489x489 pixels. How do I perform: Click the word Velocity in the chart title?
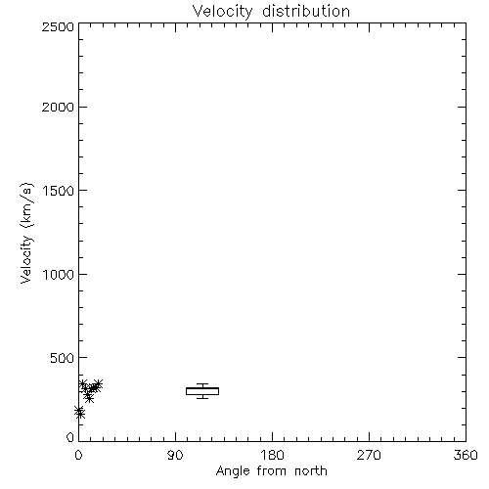(222, 12)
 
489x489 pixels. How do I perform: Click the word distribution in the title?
(306, 11)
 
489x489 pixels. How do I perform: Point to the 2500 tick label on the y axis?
(58, 26)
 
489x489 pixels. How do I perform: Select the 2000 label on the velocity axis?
(58, 107)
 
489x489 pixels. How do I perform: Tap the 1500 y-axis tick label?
(59, 191)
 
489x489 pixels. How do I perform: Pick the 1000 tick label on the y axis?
(59, 274)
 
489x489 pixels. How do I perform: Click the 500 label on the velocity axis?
(62, 358)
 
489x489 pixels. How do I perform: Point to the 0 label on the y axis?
(70, 437)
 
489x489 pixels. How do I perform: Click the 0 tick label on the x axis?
(78, 455)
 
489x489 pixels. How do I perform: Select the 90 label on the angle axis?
(175, 455)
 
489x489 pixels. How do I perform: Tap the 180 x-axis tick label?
(272, 455)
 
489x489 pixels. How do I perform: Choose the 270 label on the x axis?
(369, 455)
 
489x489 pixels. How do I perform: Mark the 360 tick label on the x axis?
(466, 455)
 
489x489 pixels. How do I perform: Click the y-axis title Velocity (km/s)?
(26, 233)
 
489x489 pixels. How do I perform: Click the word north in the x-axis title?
(311, 471)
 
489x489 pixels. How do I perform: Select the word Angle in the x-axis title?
(233, 471)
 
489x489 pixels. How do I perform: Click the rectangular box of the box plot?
(202, 387)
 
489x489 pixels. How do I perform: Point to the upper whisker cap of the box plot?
(202, 384)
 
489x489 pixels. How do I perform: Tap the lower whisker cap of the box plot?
(202, 398)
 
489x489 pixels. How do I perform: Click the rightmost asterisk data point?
(98, 384)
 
